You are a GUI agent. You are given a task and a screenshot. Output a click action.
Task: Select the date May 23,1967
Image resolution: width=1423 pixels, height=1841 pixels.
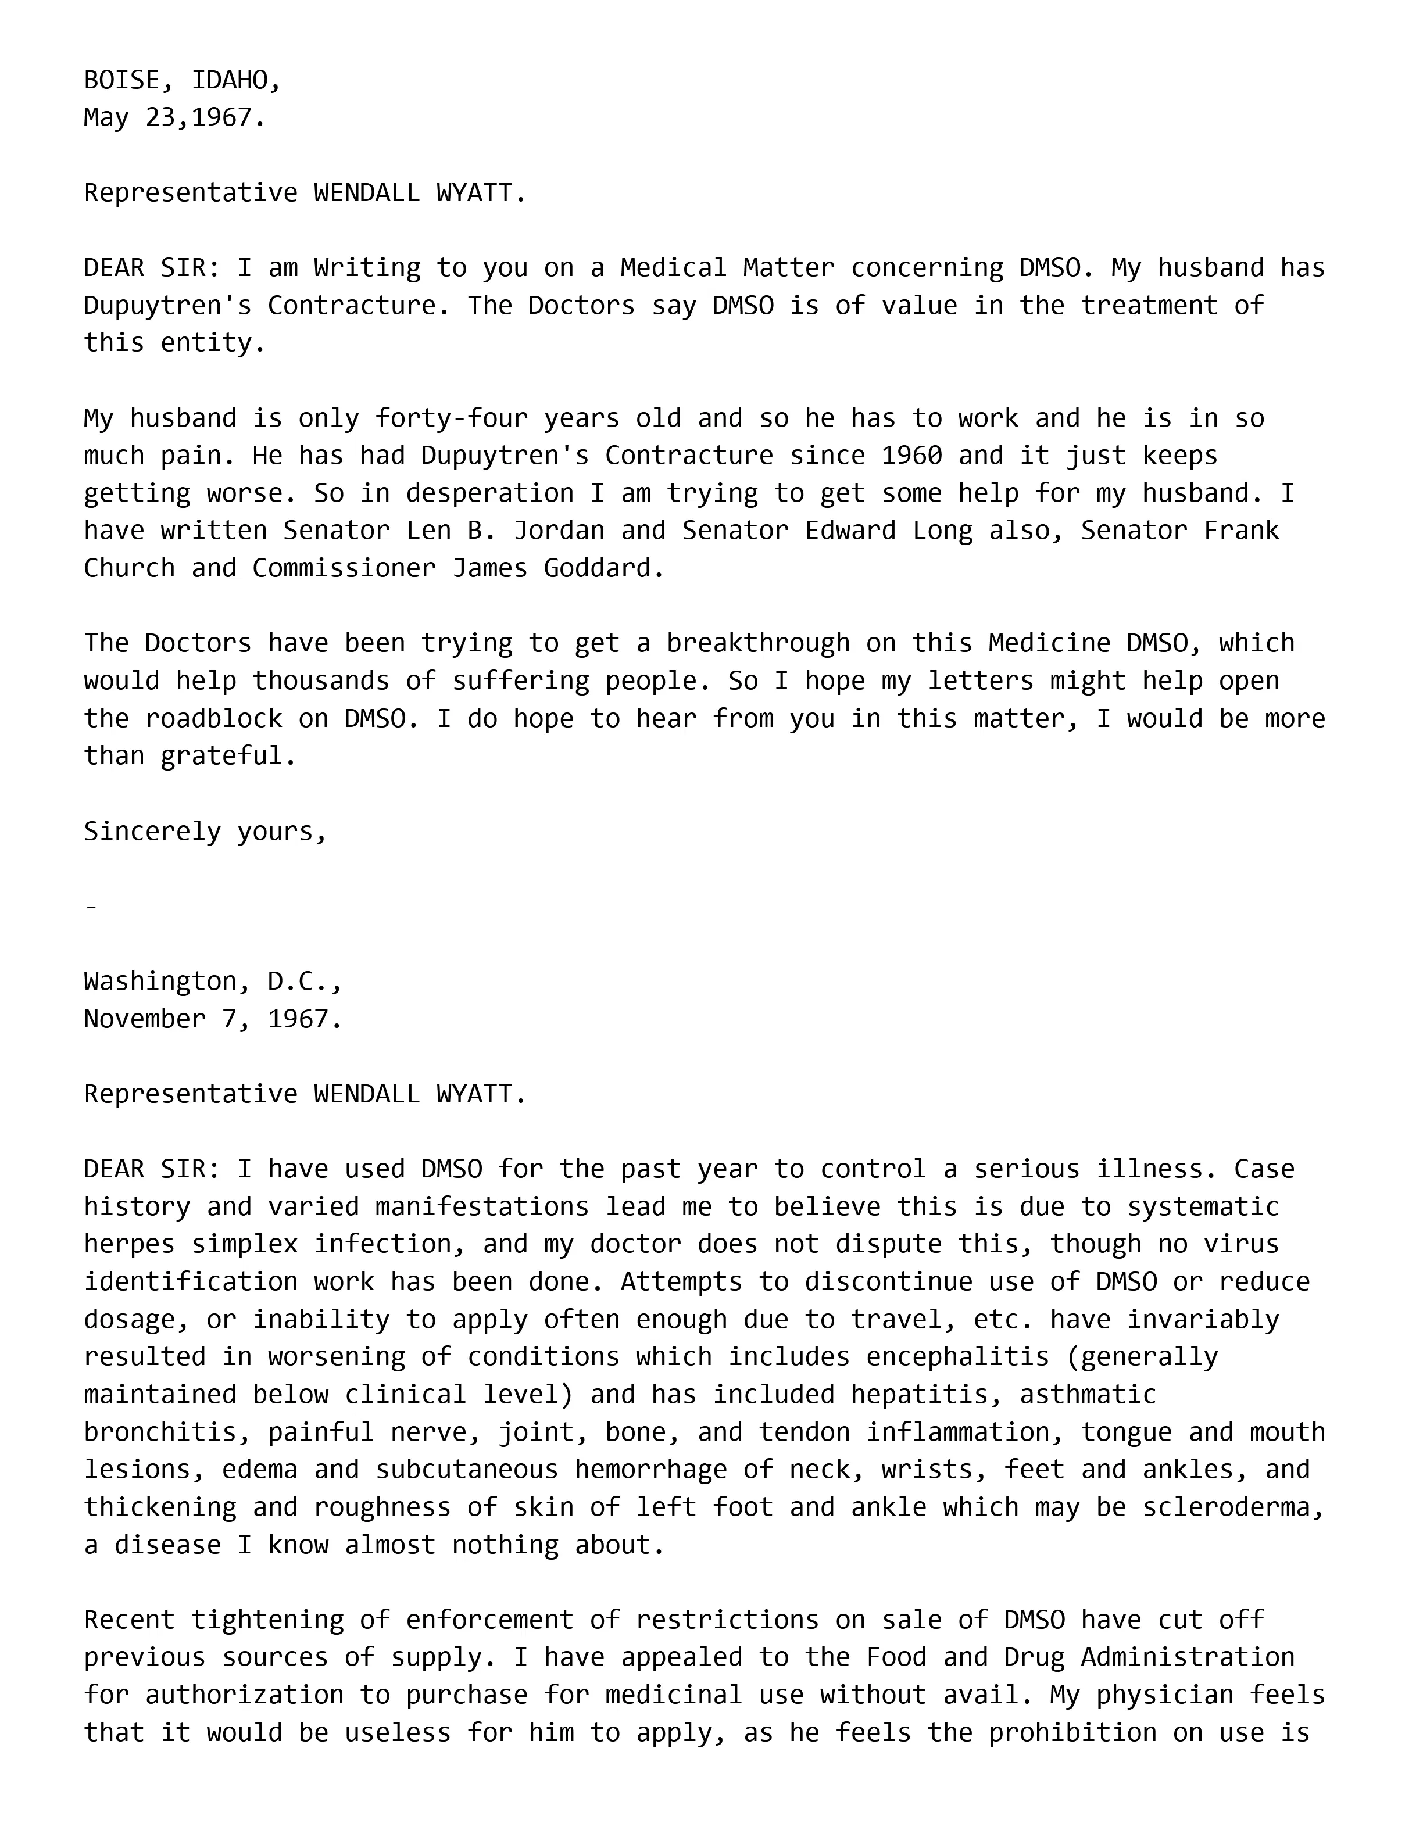click(174, 117)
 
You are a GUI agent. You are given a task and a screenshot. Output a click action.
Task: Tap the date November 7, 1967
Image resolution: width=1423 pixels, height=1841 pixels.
click(212, 1019)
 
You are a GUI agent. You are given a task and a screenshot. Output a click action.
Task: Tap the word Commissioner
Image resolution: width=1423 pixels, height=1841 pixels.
click(344, 568)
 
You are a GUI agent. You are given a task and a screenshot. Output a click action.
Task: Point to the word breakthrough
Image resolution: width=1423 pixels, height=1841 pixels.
click(758, 643)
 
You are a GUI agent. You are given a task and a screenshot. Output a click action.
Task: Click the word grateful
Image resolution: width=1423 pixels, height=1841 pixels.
click(228, 756)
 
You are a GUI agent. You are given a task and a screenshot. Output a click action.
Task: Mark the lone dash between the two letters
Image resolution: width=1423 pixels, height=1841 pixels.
click(92, 907)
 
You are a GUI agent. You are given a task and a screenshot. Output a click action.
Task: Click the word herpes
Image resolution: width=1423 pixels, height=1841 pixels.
click(129, 1244)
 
